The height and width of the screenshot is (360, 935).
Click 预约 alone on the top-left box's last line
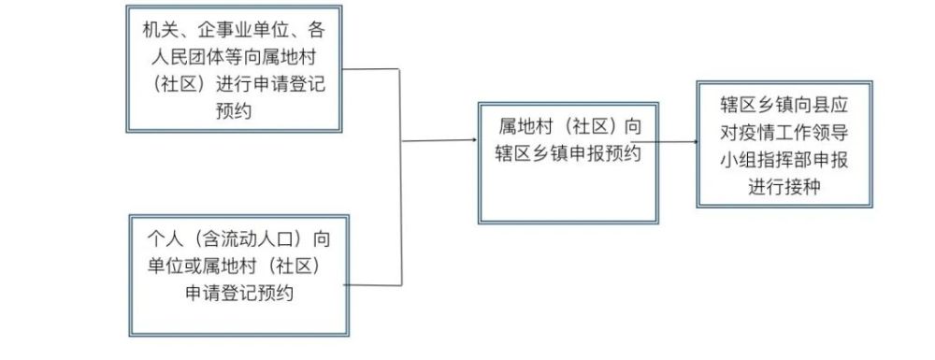234,110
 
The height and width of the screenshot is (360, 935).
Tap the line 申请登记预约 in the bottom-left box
240,292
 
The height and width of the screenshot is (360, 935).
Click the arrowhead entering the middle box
472,141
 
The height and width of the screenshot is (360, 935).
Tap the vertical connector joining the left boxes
401,178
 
